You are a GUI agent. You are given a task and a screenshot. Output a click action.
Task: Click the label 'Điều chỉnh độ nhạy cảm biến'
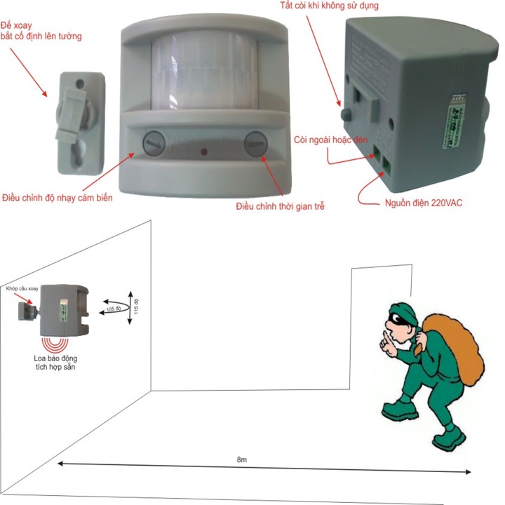point(58,197)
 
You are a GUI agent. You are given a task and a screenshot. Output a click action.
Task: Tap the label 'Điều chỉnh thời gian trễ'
point(280,206)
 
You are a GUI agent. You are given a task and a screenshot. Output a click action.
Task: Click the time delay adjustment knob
point(255,144)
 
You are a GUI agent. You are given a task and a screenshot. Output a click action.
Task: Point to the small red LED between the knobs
point(203,151)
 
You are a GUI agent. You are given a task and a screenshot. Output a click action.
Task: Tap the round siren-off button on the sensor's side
point(344,113)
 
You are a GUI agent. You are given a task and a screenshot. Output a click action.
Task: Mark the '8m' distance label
point(241,459)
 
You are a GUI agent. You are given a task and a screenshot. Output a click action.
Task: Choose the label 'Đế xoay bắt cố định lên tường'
point(42,31)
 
